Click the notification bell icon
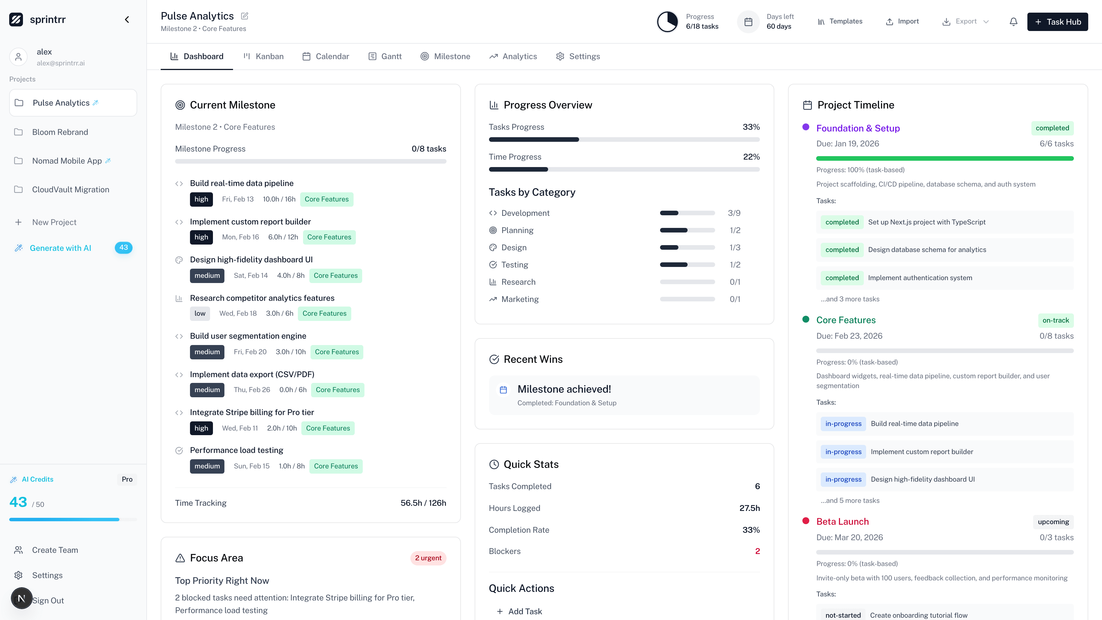tap(1013, 22)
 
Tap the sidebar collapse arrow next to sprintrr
tap(127, 20)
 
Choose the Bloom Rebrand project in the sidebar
tap(60, 132)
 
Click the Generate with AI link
tap(60, 248)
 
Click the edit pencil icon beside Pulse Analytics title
tap(245, 16)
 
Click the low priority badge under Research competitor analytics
tap(200, 314)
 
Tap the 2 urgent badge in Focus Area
tap(428, 558)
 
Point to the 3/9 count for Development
tap(734, 213)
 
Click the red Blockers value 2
tap(757, 551)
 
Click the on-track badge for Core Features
tap(1056, 321)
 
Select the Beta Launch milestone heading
tap(842, 522)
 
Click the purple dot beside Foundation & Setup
tap(806, 127)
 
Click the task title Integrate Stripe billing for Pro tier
tap(252, 412)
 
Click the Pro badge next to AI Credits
tap(127, 479)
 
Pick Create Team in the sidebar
tap(55, 550)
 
